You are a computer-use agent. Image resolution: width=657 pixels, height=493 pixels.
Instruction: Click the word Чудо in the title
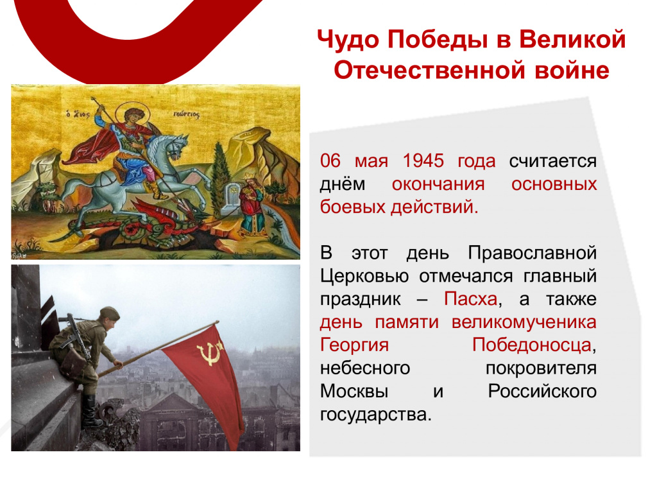(348, 40)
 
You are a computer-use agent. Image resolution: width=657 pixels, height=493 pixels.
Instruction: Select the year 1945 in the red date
(423, 160)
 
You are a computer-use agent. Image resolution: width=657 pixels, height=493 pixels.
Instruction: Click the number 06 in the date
(330, 160)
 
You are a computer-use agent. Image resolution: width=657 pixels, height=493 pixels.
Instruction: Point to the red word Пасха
(470, 299)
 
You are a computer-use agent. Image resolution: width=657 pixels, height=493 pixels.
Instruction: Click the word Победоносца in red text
(532, 345)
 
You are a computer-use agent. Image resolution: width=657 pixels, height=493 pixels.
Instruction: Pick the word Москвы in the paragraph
(354, 391)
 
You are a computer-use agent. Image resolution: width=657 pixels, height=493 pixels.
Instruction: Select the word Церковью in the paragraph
(364, 276)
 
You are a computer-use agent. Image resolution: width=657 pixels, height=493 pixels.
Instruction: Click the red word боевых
(353, 207)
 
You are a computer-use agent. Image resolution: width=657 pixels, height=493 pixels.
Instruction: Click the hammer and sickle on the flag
(209, 353)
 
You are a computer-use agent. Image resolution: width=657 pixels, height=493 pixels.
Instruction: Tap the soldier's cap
(109, 313)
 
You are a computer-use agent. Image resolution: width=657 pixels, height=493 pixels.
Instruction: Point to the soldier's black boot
(90, 411)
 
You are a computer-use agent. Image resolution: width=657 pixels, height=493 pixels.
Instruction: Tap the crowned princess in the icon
(252, 206)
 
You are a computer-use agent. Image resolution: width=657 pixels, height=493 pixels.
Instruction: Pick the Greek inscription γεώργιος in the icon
(187, 114)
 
